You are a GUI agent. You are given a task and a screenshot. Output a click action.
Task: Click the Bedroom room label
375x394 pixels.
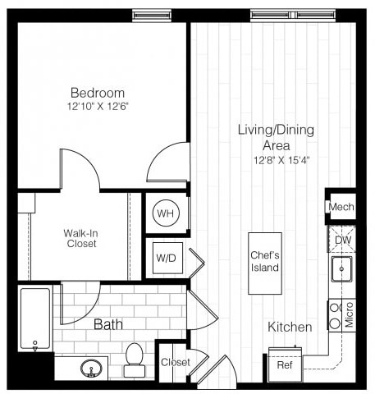[x=97, y=93]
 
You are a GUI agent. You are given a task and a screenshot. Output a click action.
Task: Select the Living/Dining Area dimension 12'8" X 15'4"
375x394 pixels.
[x=276, y=158]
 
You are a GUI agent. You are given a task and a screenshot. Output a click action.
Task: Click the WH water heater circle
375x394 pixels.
[x=166, y=213]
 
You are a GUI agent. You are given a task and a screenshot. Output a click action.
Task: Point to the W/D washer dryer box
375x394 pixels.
[x=165, y=259]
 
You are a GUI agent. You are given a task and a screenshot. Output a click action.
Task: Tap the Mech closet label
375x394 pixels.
[x=341, y=207]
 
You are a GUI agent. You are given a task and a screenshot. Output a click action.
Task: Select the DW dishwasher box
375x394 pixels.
[x=341, y=239]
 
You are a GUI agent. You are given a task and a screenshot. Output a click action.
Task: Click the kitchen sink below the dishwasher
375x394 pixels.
[x=341, y=268]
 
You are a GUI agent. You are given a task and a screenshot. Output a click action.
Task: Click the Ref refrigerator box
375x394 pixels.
[x=285, y=364]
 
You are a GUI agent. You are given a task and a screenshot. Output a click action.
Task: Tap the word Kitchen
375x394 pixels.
[x=290, y=328]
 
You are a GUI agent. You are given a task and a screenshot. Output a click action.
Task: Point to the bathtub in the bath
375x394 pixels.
[x=35, y=319]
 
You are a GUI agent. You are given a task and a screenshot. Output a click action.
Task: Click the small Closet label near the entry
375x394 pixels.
[x=176, y=362]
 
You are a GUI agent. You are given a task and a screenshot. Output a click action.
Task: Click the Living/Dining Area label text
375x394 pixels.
[x=276, y=137]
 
